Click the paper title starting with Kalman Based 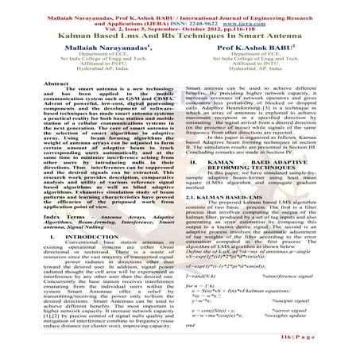(x=180, y=37)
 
